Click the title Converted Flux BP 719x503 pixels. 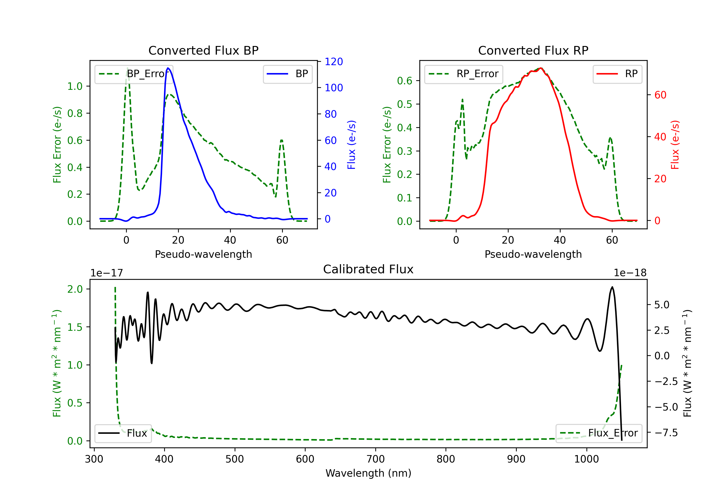203,50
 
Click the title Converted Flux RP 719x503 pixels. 533,50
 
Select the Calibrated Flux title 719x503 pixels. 368,269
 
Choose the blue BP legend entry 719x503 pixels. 287,74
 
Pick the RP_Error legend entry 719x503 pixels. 464,74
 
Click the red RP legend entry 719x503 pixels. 617,74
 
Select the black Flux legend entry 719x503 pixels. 123,433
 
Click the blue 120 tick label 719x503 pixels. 334,62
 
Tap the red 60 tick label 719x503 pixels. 661,95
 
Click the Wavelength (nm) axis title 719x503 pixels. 368,473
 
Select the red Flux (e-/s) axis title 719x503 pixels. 675,145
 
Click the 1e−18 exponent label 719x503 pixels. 630,273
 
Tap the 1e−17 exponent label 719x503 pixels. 107,273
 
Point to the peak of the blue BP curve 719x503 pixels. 168,68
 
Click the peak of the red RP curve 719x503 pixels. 541,68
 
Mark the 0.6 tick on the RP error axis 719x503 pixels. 404,81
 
